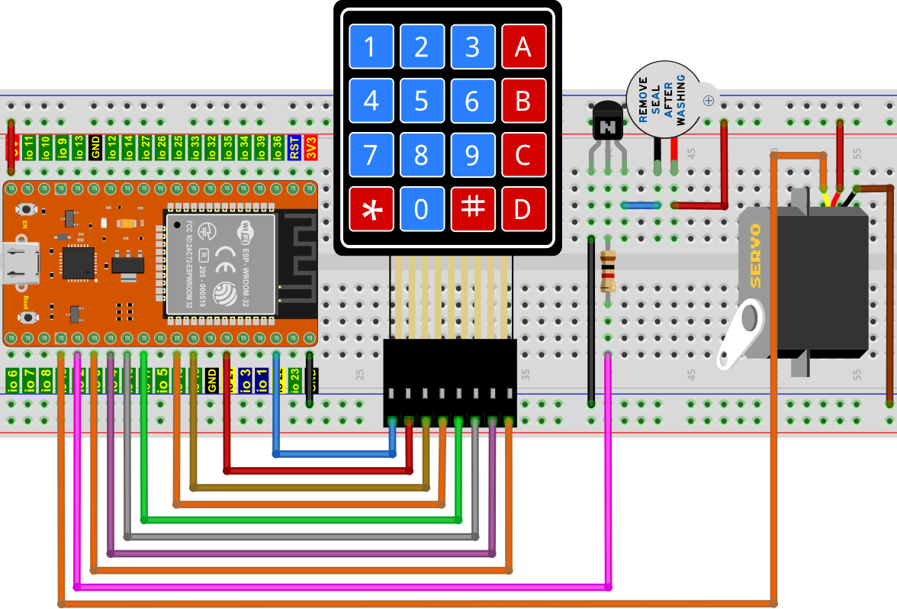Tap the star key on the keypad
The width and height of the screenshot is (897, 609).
pyautogui.click(x=371, y=209)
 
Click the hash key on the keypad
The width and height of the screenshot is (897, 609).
pyautogui.click(x=473, y=209)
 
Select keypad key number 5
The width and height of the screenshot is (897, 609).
pyautogui.click(x=422, y=101)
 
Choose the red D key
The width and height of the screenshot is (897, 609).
pyautogui.click(x=523, y=209)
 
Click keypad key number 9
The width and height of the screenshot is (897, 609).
pyautogui.click(x=473, y=155)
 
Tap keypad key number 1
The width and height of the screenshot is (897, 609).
pyautogui.click(x=371, y=47)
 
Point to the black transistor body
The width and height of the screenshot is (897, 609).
pyautogui.click(x=608, y=122)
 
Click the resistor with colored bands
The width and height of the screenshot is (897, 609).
pyautogui.click(x=608, y=271)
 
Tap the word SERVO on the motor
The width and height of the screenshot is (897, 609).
pyautogui.click(x=755, y=256)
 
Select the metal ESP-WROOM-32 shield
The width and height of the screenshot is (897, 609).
pyautogui.click(x=220, y=263)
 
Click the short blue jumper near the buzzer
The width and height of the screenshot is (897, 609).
pyautogui.click(x=641, y=205)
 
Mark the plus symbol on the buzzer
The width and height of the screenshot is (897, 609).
pyautogui.click(x=709, y=100)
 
